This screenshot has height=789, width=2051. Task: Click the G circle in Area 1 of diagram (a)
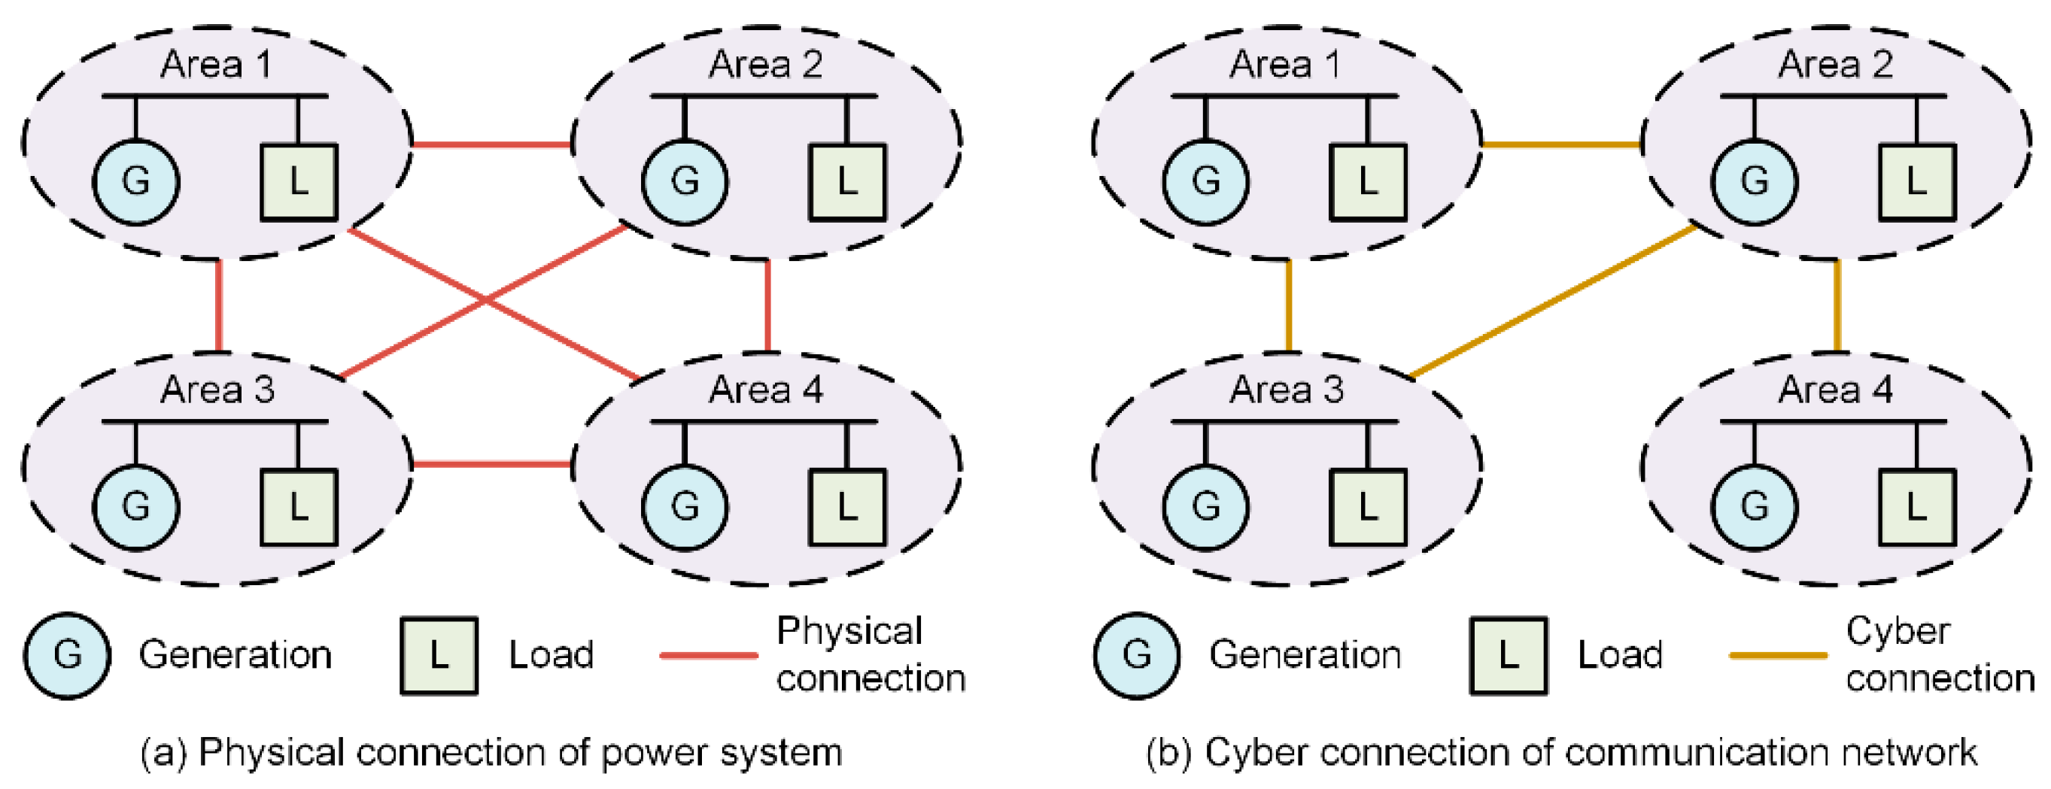coord(136,182)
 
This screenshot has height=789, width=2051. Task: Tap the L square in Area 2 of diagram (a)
coord(847,182)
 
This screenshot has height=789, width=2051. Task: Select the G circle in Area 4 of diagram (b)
coord(1755,507)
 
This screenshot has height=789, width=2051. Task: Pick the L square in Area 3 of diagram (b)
coord(1368,507)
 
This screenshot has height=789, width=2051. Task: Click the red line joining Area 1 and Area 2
coord(492,145)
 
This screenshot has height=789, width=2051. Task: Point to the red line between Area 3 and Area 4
coord(492,463)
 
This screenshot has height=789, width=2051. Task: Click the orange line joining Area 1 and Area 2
coord(1561,145)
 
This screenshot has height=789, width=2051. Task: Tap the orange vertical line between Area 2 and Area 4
coord(1837,307)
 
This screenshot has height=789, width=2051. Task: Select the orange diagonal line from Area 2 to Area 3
coord(1553,301)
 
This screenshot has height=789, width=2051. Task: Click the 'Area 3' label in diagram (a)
coord(217,390)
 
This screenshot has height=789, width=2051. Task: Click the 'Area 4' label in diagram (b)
coord(1835,390)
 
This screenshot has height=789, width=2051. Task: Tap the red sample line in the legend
coord(709,656)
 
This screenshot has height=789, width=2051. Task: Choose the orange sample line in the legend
coord(1779,656)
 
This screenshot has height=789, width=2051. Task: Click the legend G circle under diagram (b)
coord(1137,656)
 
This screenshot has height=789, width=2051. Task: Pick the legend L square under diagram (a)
coord(439,656)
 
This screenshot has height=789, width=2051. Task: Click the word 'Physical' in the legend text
coord(849,632)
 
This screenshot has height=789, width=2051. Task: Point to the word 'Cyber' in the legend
coord(1898,632)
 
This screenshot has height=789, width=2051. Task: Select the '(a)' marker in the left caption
coord(163,753)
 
